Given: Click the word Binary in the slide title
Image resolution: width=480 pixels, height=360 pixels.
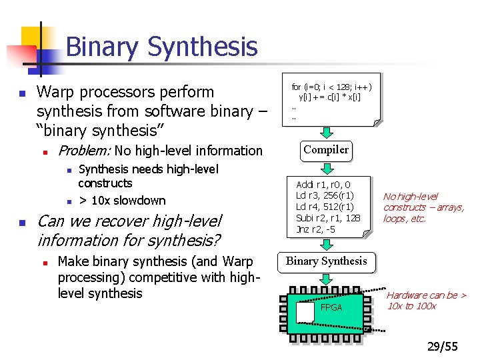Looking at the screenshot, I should point(102,47).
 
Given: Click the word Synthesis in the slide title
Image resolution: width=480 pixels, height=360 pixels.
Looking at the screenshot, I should point(203,47).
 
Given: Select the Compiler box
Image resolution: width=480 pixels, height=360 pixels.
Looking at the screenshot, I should point(326,150).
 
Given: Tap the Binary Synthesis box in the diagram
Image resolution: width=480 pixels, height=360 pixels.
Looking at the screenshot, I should point(327,261).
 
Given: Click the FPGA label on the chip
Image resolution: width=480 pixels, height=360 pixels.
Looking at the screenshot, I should point(331,307).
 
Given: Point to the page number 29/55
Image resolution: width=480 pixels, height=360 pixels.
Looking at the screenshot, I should point(443,346).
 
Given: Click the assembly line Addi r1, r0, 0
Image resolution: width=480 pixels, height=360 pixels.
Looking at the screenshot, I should point(324,185).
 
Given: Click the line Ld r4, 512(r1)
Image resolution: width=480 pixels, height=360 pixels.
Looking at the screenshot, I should point(325,207).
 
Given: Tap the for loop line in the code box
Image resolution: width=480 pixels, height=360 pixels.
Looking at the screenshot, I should point(331,87).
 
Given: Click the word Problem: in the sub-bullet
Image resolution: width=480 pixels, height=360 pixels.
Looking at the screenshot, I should point(85,151).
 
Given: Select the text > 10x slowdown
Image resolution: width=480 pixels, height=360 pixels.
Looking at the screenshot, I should point(122,200).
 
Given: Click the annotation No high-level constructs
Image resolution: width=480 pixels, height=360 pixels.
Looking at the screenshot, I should point(423,207).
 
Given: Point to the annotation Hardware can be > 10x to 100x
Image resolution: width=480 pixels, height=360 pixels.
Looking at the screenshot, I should point(426,301).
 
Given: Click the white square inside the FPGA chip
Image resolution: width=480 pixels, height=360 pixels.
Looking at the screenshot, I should point(305,311).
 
